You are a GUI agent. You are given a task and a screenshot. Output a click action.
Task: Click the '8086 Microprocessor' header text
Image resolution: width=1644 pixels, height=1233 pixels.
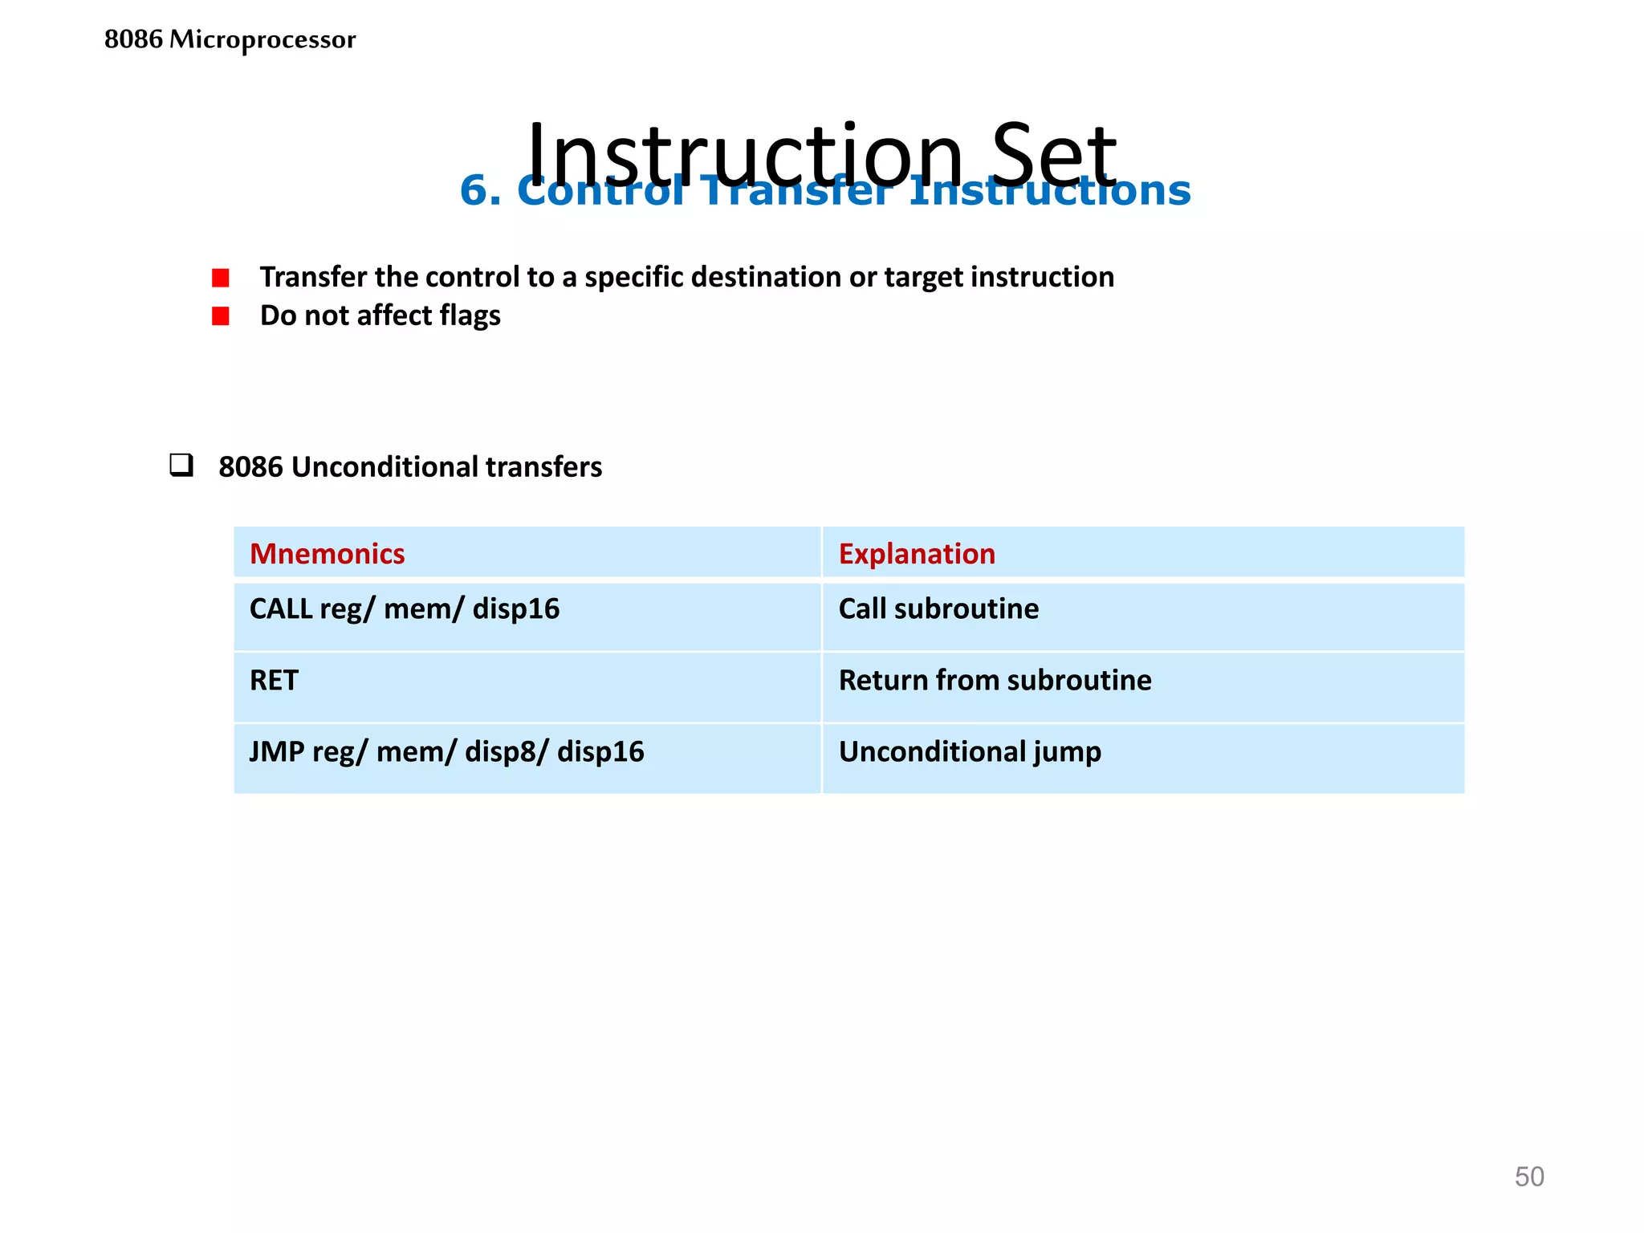coord(230,39)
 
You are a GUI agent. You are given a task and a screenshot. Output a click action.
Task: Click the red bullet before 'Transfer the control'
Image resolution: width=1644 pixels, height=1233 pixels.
coord(221,278)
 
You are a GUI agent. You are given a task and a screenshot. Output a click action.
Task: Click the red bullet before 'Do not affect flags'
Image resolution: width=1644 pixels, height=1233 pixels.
coord(221,316)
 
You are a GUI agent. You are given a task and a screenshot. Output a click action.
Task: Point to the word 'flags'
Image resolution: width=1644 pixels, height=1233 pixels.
coord(470,315)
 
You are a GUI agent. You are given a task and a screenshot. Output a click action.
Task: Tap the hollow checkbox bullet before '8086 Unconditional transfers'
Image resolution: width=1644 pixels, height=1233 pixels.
coord(181,466)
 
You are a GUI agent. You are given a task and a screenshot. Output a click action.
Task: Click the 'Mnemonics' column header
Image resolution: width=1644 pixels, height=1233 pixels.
coord(327,554)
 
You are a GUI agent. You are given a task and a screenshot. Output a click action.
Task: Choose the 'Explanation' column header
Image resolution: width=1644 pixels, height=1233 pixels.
coord(917,554)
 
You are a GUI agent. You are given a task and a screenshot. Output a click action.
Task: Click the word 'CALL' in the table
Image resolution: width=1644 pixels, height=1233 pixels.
coord(281,608)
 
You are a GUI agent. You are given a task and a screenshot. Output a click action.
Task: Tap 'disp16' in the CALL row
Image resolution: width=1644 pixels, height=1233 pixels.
coord(515,608)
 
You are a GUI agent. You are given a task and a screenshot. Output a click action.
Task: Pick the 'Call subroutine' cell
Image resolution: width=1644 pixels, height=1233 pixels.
coord(938,608)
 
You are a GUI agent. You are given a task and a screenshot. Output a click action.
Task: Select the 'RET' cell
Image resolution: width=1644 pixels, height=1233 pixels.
coord(274,680)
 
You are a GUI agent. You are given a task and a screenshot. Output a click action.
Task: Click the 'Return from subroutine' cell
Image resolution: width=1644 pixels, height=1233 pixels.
coord(995,680)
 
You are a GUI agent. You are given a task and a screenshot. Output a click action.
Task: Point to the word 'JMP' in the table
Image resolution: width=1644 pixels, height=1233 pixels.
coord(276,751)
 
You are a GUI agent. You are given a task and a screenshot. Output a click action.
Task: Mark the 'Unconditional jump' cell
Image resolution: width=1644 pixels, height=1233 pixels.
coord(970,751)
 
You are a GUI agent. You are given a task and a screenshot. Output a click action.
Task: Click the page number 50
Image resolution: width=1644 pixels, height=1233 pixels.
coord(1528,1177)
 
